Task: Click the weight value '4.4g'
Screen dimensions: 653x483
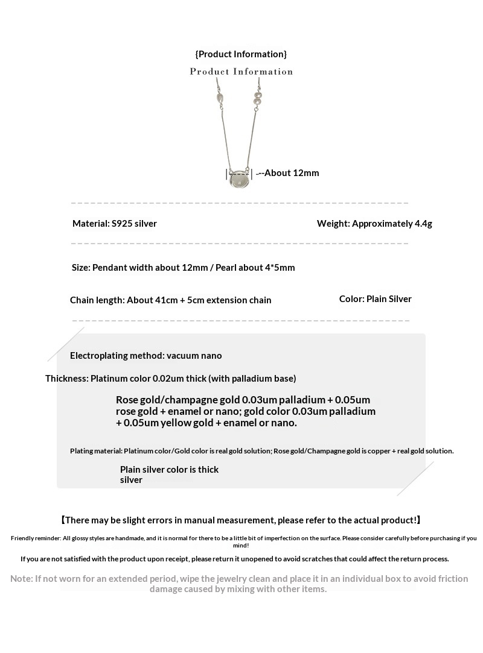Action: (423, 224)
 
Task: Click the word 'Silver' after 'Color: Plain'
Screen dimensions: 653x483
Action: (398, 299)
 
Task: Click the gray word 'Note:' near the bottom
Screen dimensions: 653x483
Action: (22, 579)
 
